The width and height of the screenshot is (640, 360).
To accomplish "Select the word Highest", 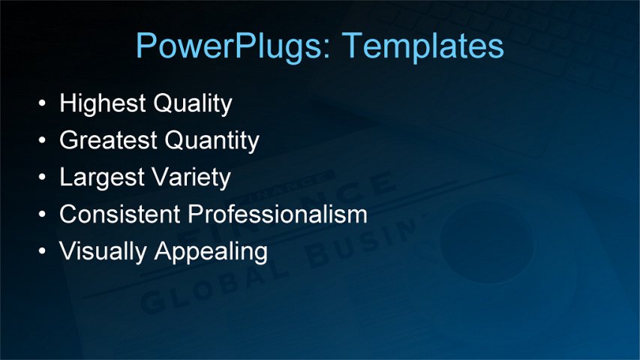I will tap(102, 103).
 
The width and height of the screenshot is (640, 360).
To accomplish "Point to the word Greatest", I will tap(108, 140).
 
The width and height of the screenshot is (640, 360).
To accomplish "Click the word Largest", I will tap(104, 177).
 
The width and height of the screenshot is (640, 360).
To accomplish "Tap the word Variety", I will tap(193, 177).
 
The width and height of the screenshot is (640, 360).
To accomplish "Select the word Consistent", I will tap(119, 214).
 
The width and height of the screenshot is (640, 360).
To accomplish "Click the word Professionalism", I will tap(277, 214).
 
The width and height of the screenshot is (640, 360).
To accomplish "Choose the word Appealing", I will tap(211, 252).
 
